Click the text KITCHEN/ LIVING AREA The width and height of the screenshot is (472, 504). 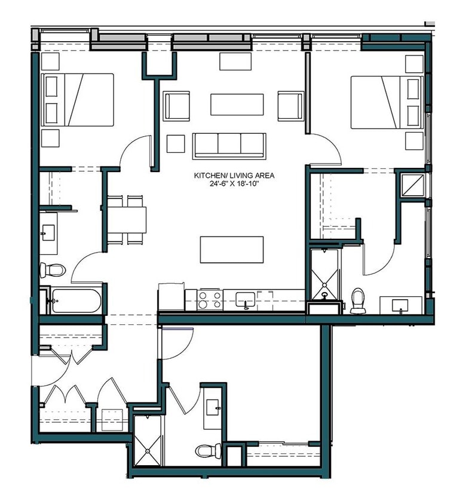click(x=234, y=176)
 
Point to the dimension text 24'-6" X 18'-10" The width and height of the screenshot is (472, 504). click(x=234, y=184)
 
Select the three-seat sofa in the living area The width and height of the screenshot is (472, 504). click(x=229, y=146)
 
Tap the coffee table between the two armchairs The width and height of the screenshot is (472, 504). click(x=237, y=105)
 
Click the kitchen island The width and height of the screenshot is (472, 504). click(x=231, y=249)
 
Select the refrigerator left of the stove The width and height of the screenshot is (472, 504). click(x=171, y=297)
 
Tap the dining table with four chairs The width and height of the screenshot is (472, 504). click(x=126, y=220)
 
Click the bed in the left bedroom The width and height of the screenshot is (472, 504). click(x=77, y=100)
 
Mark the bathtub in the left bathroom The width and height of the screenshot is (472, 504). click(x=73, y=300)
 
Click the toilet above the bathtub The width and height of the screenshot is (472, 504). click(x=52, y=270)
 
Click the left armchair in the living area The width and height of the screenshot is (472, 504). click(x=177, y=106)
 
